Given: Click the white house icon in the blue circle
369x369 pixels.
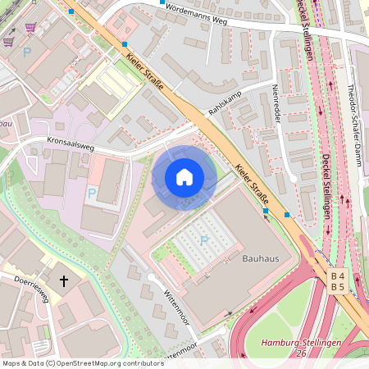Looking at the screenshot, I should pos(184,177).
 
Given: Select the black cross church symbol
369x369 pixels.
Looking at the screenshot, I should pos(64,281).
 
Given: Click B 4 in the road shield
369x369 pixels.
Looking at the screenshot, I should pos(337,276).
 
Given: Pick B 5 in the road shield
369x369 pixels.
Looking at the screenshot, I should pos(337,287).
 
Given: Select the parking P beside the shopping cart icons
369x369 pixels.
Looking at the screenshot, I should pos(26,52).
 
